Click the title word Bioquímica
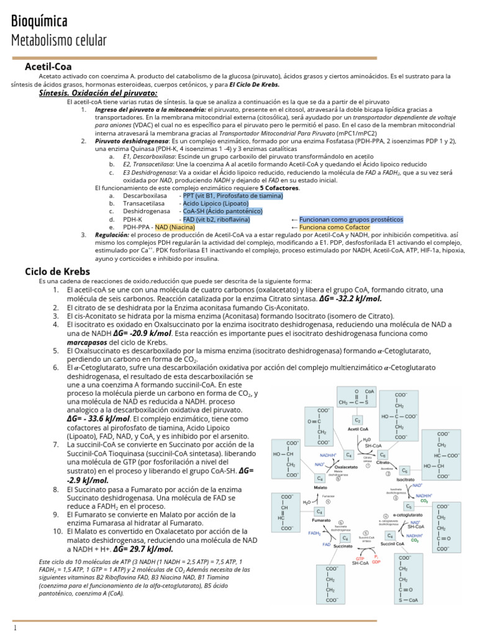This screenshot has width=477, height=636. tap(40, 21)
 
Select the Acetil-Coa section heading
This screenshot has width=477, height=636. tap(48, 66)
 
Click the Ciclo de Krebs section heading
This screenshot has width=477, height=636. tap(57, 271)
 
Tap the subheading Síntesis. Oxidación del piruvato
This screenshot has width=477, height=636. tap(98, 93)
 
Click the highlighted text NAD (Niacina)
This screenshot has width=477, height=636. tap(175, 227)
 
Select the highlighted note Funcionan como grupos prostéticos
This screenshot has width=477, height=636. tap(350, 219)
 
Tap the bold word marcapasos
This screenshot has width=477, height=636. tap(88, 342)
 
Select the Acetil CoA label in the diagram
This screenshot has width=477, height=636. tap(358, 429)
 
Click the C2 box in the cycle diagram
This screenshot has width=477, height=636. tap(357, 420)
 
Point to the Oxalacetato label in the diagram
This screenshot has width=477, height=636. tap(345, 466)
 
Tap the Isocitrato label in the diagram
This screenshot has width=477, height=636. tap(406, 479)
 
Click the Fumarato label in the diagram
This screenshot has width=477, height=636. tap(320, 519)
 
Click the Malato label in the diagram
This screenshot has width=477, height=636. tap(320, 488)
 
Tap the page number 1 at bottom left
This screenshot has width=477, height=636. tap(15, 628)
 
